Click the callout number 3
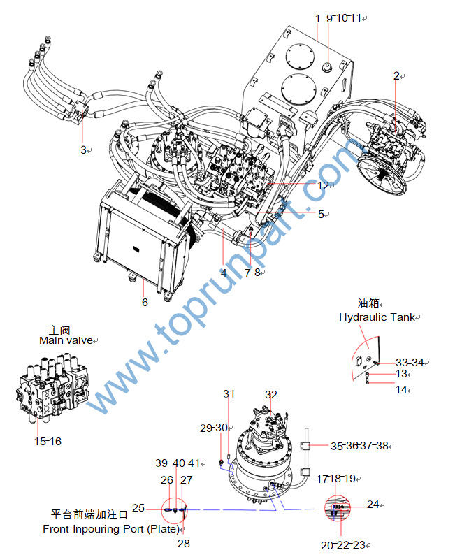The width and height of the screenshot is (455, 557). click(x=82, y=150)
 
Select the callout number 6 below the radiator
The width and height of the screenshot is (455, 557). click(x=145, y=303)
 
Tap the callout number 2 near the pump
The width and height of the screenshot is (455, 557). click(x=396, y=75)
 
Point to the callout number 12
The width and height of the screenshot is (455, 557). click(x=322, y=186)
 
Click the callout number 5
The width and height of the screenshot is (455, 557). click(x=321, y=215)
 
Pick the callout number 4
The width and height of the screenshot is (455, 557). click(x=224, y=273)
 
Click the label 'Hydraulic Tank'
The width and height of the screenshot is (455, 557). click(x=376, y=317)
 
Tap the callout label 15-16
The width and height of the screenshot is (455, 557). click(x=48, y=442)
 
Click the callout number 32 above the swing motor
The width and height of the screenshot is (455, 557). click(x=271, y=395)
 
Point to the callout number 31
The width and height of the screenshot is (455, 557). click(x=229, y=395)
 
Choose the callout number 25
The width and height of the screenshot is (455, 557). click(x=138, y=508)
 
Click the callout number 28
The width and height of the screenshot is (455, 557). click(x=183, y=543)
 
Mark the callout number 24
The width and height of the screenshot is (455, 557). click(x=373, y=505)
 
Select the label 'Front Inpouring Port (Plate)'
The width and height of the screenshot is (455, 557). click(x=110, y=529)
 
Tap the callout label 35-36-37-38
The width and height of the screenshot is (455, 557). click(x=360, y=445)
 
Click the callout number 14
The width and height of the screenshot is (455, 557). click(x=402, y=389)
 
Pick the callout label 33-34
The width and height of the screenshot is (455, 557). click(x=410, y=362)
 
